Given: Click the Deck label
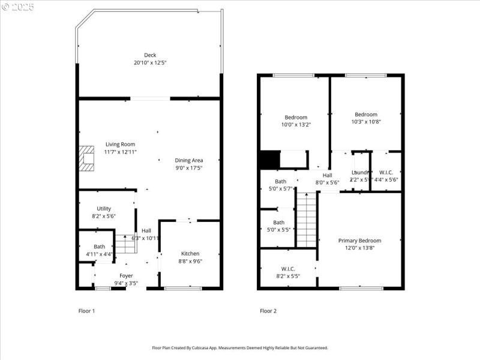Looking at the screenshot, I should click(x=149, y=55).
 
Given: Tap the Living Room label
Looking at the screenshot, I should click(x=120, y=144).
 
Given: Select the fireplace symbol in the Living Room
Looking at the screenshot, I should click(x=87, y=158).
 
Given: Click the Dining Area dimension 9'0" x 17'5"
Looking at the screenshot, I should click(x=188, y=168).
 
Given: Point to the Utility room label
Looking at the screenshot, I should click(x=103, y=208).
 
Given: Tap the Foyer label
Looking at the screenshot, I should click(x=126, y=275).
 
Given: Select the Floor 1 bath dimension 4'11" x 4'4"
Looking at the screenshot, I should click(x=99, y=254).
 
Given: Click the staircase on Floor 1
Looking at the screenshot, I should click(x=124, y=243).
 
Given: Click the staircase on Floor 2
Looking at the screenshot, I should click(x=306, y=218).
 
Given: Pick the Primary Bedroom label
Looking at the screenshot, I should click(x=359, y=241).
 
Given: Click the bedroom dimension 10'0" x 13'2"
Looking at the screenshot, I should click(x=296, y=124).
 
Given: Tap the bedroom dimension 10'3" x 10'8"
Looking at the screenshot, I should click(x=366, y=121).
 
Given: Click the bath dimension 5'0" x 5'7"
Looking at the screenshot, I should click(x=280, y=188).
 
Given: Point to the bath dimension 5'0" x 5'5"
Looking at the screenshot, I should click(x=279, y=229).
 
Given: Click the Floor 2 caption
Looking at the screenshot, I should click(x=268, y=311).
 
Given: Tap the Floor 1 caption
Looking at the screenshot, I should click(x=87, y=311).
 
